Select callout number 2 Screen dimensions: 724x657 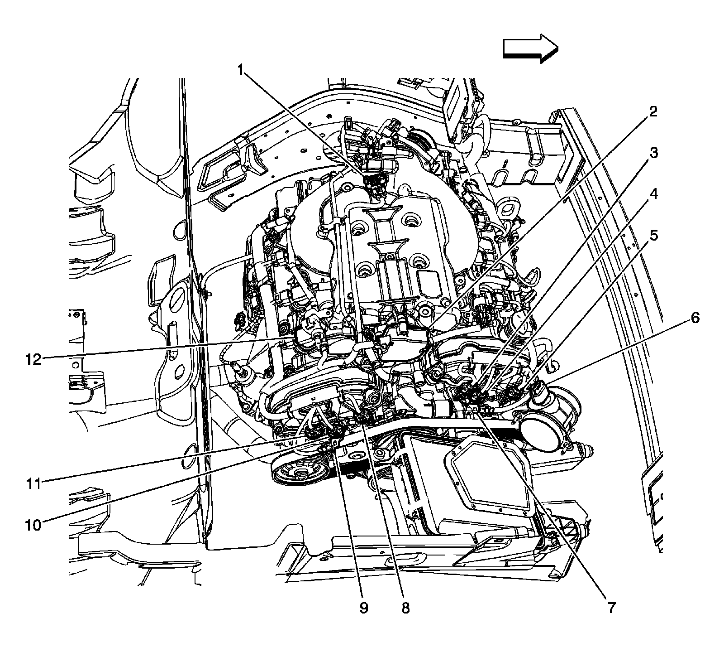pyautogui.click(x=652, y=112)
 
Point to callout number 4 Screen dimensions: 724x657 pyautogui.click(x=653, y=194)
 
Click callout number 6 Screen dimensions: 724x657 pyautogui.click(x=695, y=318)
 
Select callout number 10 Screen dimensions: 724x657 pyautogui.click(x=33, y=525)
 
